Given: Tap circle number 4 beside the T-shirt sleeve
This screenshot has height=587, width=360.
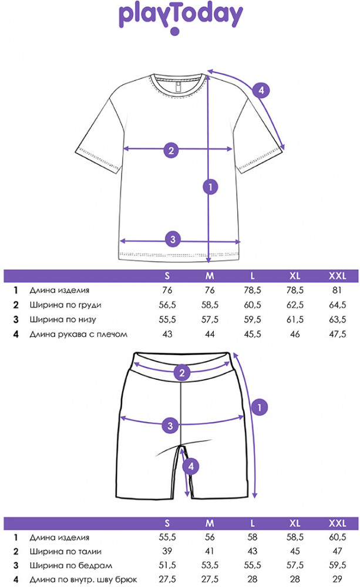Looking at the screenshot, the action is coord(261,90).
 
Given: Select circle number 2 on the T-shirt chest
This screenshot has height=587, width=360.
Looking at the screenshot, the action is coord(171,150).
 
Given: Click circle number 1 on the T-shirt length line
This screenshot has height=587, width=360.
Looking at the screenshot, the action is coord(210,187).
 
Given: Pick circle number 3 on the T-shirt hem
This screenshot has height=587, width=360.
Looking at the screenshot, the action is coord(173,239).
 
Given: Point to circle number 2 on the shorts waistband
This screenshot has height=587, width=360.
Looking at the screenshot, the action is coord(182,373).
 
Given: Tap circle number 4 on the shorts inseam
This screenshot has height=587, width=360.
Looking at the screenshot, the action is coord(191,467).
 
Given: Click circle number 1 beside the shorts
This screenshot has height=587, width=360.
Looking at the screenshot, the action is coord(260,407).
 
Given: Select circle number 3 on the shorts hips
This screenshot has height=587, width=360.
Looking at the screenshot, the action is coord(170,426).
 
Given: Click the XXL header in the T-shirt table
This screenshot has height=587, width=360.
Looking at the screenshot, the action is coord(338,276).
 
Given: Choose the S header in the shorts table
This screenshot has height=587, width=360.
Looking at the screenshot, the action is coord(167,523).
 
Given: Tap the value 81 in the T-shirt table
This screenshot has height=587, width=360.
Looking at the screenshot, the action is coord(337,290).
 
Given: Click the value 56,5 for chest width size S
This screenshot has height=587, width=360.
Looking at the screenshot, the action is coord(167,305).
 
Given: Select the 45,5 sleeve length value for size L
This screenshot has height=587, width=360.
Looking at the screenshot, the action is coord(253,334).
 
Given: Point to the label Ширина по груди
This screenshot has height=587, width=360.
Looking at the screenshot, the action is coord(66,305).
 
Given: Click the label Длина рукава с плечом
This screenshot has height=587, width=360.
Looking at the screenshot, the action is coord(78,334).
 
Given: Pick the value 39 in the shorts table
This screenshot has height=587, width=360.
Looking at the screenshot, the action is coord(167,551).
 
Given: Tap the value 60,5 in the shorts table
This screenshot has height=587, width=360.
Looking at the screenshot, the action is coord(338,537).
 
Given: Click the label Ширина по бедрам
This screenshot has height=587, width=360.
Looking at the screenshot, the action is coord(71,566).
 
